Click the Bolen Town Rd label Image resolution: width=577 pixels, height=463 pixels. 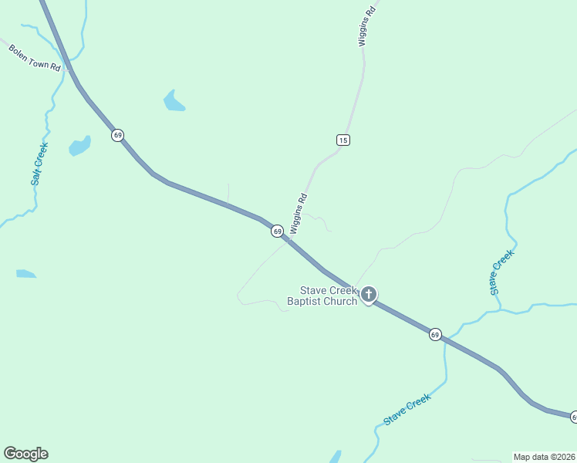click(34, 58)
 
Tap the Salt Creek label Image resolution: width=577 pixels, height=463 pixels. click(39, 164)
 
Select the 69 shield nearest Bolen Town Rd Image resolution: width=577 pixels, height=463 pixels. click(117, 135)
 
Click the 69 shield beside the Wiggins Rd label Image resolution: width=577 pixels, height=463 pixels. click(277, 231)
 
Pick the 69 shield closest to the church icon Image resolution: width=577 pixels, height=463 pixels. click(435, 334)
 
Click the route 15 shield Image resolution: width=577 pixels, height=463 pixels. click(343, 140)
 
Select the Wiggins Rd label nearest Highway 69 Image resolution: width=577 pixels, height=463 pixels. click(299, 214)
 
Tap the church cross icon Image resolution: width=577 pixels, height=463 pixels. click(369, 294)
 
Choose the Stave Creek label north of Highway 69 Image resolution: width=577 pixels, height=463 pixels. click(501, 272)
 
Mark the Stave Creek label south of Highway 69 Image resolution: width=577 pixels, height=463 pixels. click(407, 410)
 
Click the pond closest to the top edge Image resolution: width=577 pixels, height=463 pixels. click(174, 101)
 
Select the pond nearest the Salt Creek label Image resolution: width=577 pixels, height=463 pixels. click(80, 145)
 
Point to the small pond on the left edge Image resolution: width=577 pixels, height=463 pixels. click(25, 273)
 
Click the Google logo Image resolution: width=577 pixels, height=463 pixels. click(25, 454)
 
